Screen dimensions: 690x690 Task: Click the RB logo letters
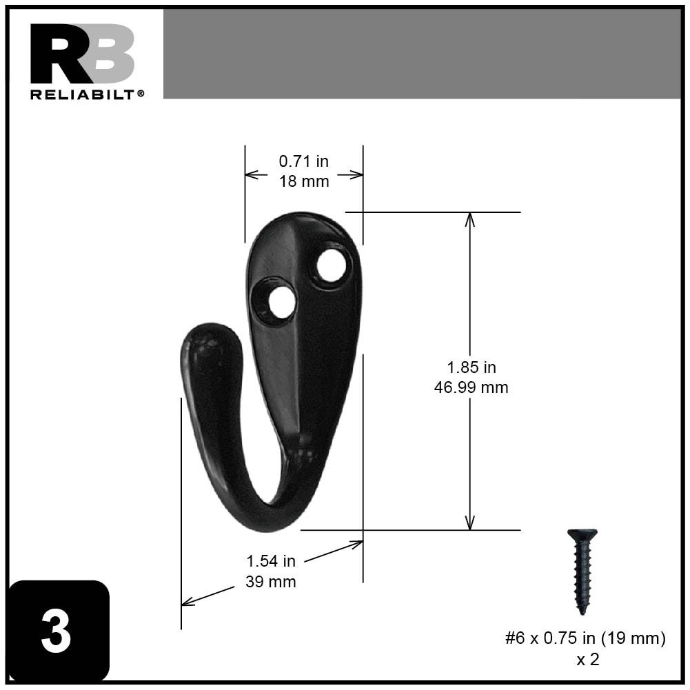pyautogui.click(x=82, y=54)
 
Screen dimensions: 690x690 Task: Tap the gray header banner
pyautogui.click(x=421, y=54)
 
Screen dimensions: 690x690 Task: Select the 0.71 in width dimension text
pyautogui.click(x=303, y=161)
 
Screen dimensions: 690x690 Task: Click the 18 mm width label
pyautogui.click(x=303, y=181)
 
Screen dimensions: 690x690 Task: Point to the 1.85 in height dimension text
pyautogui.click(x=471, y=367)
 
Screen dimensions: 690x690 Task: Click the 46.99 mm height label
pyautogui.click(x=471, y=387)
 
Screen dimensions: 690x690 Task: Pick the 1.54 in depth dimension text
pyautogui.click(x=271, y=561)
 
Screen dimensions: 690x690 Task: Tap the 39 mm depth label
pyautogui.click(x=271, y=582)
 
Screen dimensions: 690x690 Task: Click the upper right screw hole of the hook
pyautogui.click(x=331, y=266)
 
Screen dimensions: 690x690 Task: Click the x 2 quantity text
pyautogui.click(x=587, y=660)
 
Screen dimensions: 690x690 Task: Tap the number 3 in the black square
pyautogui.click(x=57, y=631)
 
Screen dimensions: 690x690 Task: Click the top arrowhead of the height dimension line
pyautogui.click(x=470, y=219)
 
